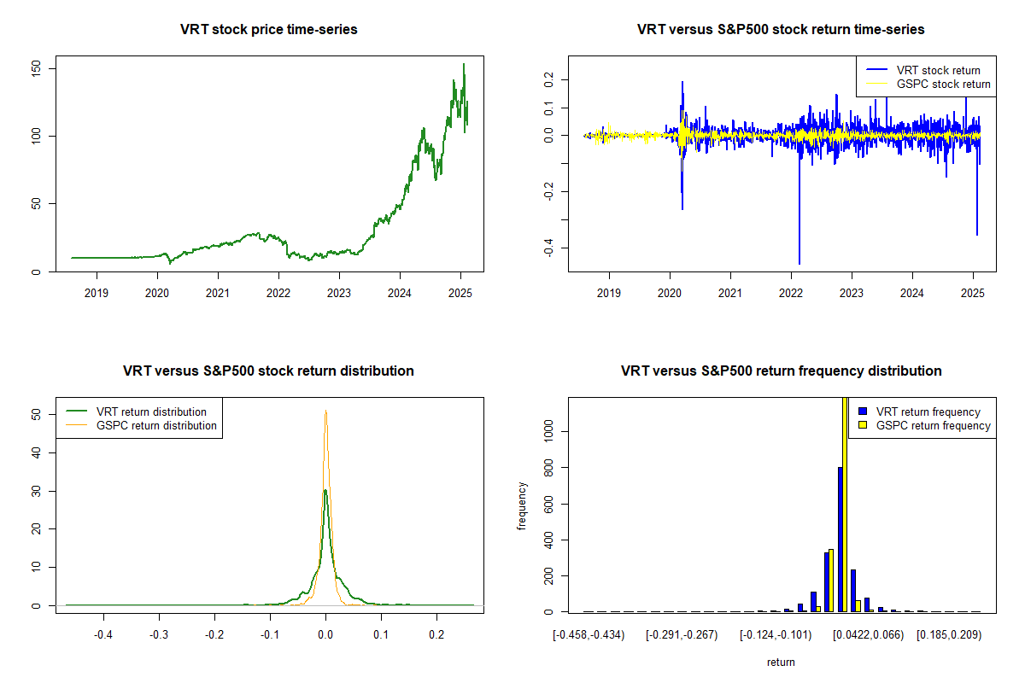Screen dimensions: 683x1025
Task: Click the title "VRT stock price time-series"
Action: point(268,30)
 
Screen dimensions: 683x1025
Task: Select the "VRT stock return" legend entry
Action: point(938,70)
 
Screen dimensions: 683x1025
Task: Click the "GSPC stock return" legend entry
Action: point(943,85)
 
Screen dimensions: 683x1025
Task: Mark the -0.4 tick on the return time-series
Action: point(548,248)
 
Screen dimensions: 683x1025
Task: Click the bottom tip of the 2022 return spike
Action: point(799,264)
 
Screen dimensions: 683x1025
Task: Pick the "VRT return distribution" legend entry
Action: point(151,412)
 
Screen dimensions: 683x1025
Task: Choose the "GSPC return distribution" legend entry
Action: point(156,425)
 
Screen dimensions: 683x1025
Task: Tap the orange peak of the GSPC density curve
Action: point(325,412)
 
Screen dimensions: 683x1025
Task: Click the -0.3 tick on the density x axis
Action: point(159,635)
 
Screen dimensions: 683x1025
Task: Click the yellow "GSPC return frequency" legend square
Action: point(864,425)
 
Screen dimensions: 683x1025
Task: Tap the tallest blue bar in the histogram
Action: point(840,538)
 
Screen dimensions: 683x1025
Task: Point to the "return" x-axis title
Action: point(781,662)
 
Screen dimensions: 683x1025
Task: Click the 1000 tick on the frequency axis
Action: point(548,432)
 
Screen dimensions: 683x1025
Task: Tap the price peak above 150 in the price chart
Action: point(464,64)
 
